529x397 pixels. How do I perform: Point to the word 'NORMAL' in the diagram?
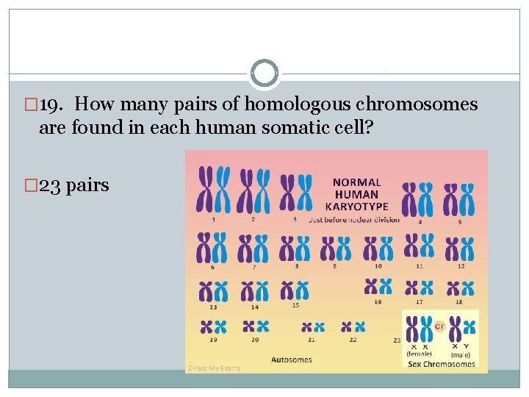(357, 182)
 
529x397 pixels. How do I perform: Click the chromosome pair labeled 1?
(214, 189)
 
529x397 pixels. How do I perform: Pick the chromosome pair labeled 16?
(378, 287)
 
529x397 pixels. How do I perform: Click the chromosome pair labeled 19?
(213, 326)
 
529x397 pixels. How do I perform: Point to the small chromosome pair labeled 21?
(313, 326)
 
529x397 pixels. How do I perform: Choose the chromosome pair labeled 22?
(353, 326)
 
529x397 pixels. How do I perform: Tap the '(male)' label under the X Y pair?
(461, 354)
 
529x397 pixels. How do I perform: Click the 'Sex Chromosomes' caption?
(441, 364)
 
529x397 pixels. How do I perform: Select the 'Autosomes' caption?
(292, 360)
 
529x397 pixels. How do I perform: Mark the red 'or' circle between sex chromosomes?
(440, 325)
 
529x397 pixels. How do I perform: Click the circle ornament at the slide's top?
(264, 74)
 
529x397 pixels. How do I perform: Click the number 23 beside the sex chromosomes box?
(397, 340)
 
